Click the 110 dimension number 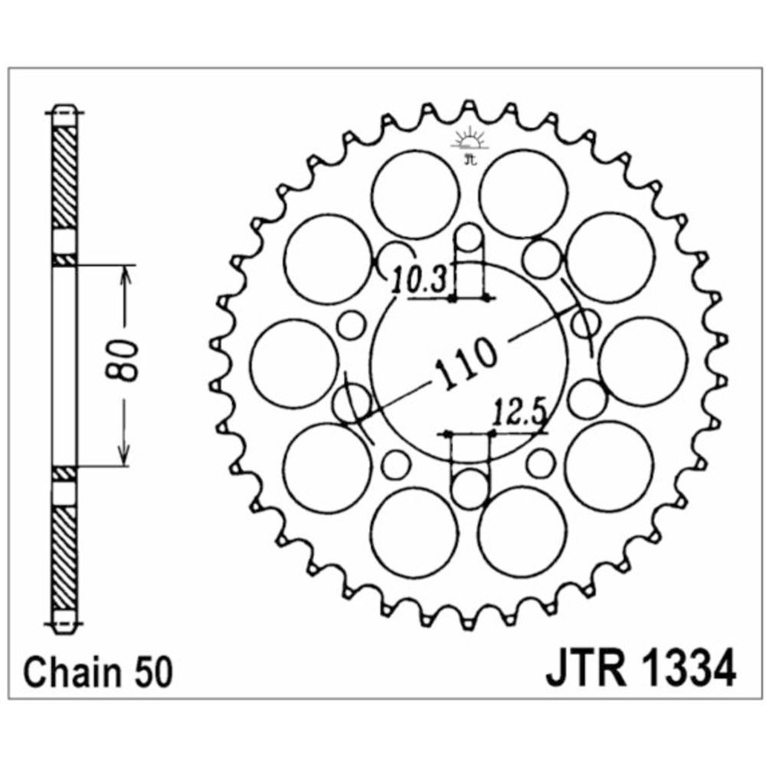pyautogui.click(x=466, y=362)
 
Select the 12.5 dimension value pyautogui.click(x=519, y=413)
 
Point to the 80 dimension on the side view pyautogui.click(x=122, y=360)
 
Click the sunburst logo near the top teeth pyautogui.click(x=470, y=141)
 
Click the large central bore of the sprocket pyautogui.click(x=470, y=363)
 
